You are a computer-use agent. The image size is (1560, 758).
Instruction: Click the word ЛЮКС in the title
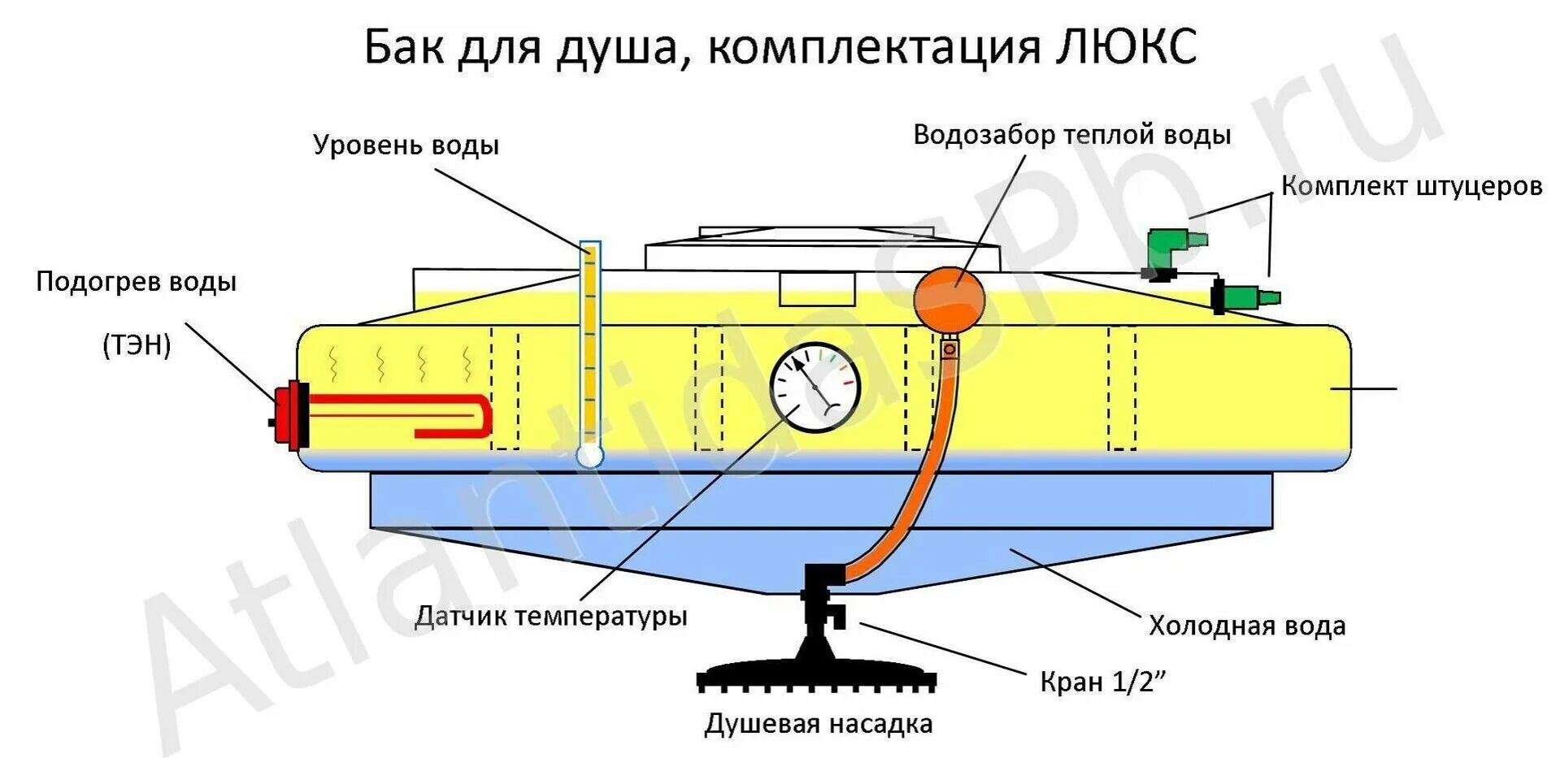pyautogui.click(x=1126, y=47)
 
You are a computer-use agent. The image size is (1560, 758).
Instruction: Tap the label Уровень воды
pyautogui.click(x=406, y=146)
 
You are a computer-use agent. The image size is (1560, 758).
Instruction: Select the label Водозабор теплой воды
pyautogui.click(x=1071, y=136)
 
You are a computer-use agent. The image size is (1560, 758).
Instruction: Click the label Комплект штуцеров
pyautogui.click(x=1411, y=187)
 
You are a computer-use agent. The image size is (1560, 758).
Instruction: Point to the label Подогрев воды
pyautogui.click(x=137, y=283)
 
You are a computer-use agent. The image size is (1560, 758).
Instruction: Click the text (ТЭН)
pyautogui.click(x=137, y=345)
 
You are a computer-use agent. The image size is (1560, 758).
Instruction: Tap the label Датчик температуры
pyautogui.click(x=551, y=616)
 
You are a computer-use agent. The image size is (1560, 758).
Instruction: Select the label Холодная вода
pyautogui.click(x=1246, y=626)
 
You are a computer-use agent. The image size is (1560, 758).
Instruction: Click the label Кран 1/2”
pyautogui.click(x=1102, y=682)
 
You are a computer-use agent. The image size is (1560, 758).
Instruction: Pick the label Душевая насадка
pyautogui.click(x=818, y=724)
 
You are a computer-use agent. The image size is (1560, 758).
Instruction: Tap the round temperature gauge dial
pyautogui.click(x=815, y=388)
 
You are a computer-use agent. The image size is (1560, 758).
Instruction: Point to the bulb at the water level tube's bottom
pyautogui.click(x=589, y=456)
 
